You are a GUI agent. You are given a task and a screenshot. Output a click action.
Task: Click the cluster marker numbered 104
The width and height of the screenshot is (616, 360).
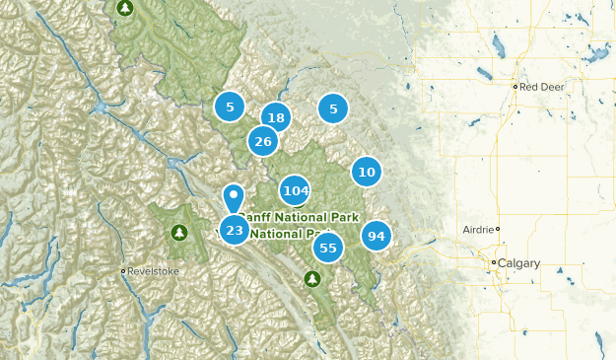[295, 190]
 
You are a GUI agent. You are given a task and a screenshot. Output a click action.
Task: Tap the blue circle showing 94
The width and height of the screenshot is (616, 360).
[376, 236]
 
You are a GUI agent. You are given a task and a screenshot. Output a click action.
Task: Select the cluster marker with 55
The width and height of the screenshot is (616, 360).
[328, 248]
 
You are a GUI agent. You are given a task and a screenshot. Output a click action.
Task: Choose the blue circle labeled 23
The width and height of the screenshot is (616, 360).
[234, 230]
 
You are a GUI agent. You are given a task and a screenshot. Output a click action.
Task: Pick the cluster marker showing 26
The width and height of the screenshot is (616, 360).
[262, 141]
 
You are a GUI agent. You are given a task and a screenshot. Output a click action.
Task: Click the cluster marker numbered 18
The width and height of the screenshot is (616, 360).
[276, 117]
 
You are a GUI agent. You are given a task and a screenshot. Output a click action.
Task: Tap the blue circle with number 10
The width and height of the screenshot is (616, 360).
[367, 172]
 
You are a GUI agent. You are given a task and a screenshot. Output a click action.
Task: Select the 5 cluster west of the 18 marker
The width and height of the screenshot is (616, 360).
[230, 106]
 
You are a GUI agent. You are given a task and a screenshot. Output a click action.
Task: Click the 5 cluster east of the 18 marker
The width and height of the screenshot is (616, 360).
[333, 108]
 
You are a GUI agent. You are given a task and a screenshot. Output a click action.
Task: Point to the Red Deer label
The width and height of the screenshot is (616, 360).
[542, 87]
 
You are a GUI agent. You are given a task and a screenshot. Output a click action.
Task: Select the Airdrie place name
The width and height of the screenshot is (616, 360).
[477, 229]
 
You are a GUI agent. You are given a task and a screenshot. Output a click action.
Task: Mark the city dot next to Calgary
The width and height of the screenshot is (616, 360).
[495, 262]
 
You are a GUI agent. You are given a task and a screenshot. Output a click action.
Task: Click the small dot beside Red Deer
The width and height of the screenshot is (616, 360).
[515, 87]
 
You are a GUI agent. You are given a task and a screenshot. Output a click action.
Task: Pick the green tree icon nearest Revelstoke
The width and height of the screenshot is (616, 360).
[178, 233]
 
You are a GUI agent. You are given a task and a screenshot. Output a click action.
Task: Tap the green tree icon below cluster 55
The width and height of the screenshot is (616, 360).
[312, 279]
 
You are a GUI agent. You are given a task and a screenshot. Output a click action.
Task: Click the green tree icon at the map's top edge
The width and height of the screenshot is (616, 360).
[124, 9]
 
